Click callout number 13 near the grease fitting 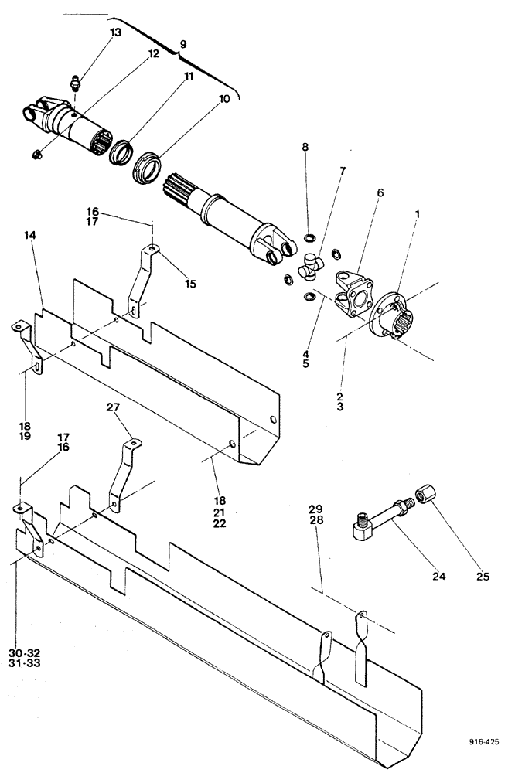point(115,32)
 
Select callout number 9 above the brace point(182,45)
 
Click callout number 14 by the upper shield point(41,235)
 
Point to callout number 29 point(315,510)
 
